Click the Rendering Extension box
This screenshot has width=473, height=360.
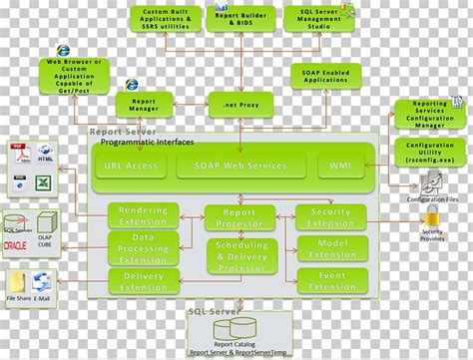click(144, 216)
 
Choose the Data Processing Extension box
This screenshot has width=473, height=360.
click(144, 248)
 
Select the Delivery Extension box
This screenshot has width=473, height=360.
click(144, 281)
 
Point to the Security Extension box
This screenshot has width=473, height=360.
click(330, 216)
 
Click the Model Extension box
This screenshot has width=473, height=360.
click(332, 248)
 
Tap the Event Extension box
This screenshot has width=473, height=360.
click(332, 281)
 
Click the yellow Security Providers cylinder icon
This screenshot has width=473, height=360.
click(432, 218)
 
